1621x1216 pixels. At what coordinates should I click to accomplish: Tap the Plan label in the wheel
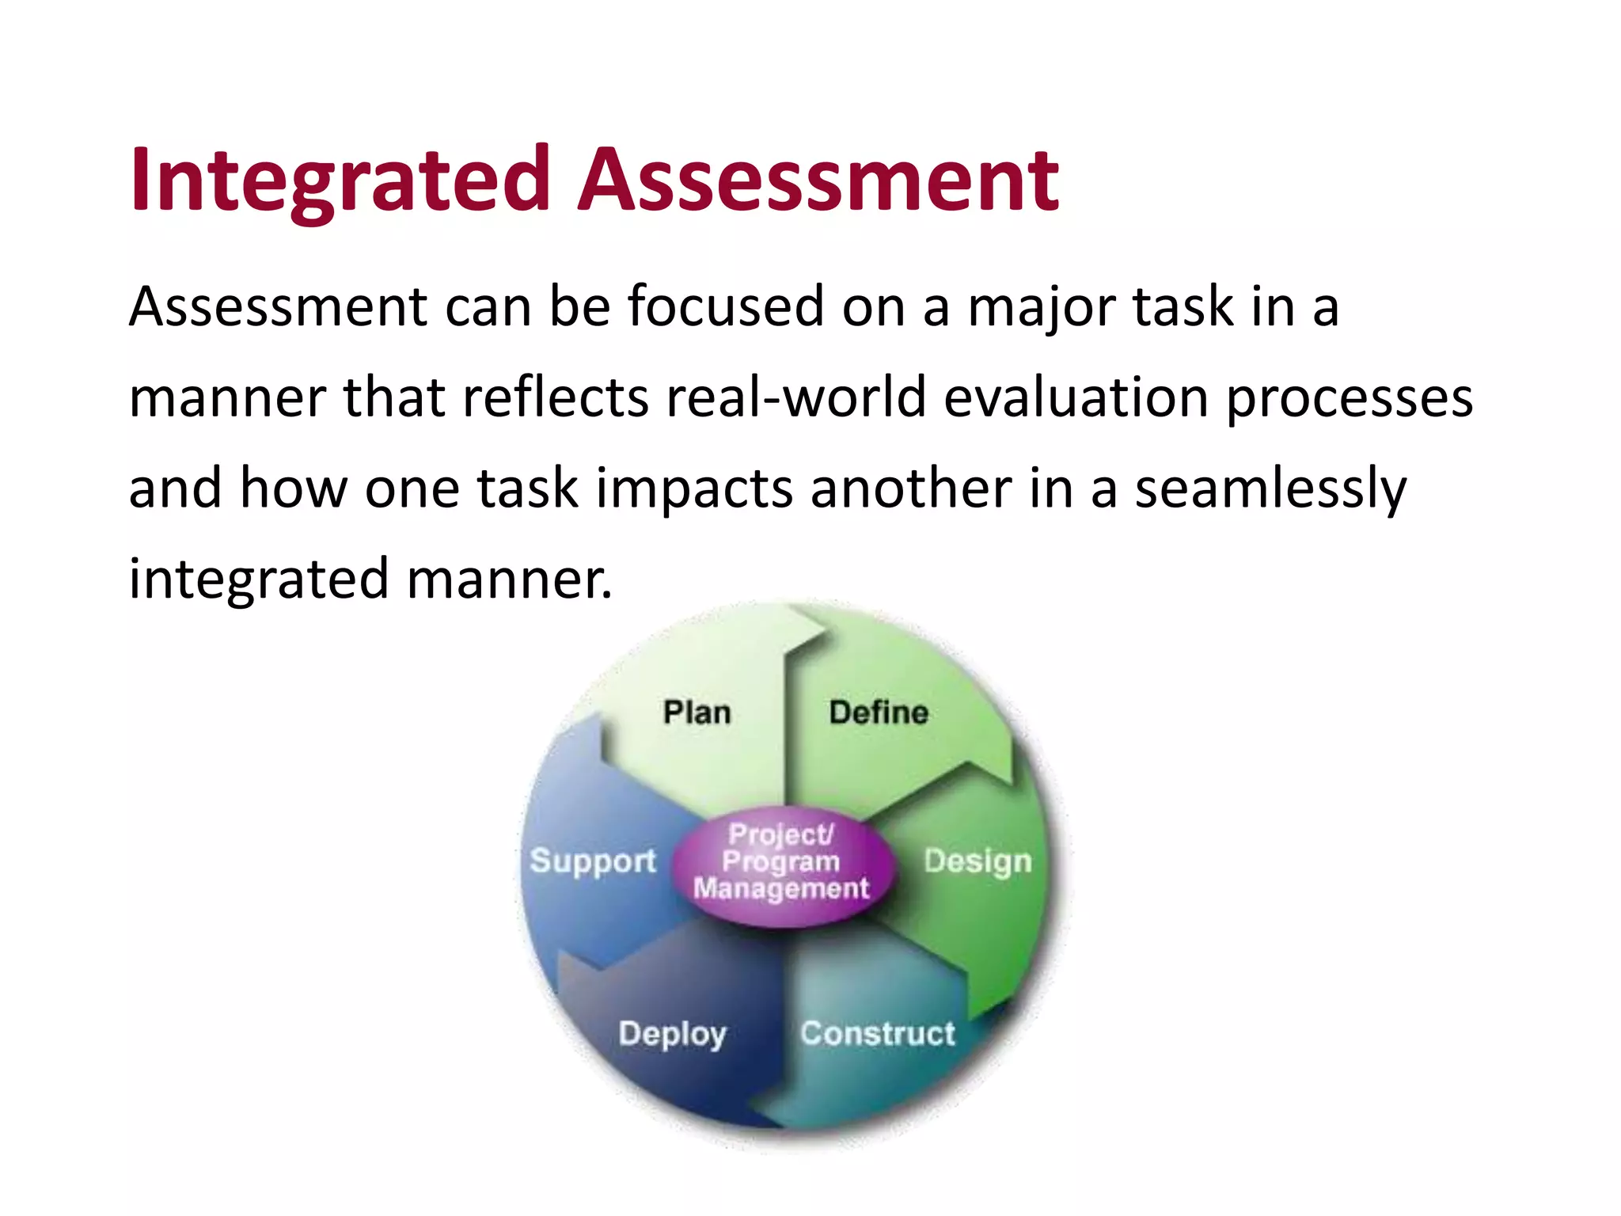(697, 712)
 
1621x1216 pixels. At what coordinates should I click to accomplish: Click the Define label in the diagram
(879, 712)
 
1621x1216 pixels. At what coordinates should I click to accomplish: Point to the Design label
(978, 861)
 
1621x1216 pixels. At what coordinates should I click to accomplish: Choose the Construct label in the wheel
(878, 1034)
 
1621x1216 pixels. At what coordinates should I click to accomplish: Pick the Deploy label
(673, 1034)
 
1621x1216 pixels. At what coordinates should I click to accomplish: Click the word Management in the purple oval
(781, 889)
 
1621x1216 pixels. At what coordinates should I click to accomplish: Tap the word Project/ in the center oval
(781, 834)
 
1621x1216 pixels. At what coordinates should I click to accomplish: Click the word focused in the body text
(726, 306)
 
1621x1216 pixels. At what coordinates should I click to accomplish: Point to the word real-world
(795, 397)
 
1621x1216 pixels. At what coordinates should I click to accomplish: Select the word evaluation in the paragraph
(1076, 397)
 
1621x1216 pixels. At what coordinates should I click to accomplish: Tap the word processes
(1350, 397)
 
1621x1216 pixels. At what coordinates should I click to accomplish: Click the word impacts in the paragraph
(694, 488)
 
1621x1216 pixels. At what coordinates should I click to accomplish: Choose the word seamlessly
(1271, 488)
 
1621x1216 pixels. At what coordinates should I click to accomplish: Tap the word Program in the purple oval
(781, 861)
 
